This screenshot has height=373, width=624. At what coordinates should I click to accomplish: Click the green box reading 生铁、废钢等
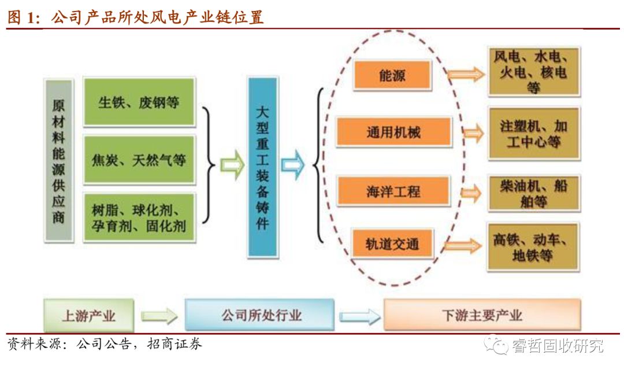[x=139, y=102]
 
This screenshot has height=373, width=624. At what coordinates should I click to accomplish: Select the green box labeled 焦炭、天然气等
[x=139, y=159]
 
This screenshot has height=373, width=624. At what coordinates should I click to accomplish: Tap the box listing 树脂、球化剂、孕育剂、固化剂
[x=139, y=217]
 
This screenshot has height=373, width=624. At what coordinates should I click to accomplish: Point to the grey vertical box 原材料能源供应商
[x=58, y=160]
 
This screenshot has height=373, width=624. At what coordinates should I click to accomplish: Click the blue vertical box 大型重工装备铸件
[x=262, y=167]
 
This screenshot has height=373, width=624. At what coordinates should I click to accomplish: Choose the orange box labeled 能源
[x=392, y=75]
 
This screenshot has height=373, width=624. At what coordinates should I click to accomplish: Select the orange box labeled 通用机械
[x=393, y=132]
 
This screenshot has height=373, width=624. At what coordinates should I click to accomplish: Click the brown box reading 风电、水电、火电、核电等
[x=533, y=72]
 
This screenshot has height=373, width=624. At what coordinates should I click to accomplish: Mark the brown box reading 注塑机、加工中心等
[x=533, y=133]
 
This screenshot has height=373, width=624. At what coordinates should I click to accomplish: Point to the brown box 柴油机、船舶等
[x=533, y=193]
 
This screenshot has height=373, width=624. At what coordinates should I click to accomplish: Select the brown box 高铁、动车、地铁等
[x=533, y=247]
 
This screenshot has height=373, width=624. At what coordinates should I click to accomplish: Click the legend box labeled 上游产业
[x=88, y=315]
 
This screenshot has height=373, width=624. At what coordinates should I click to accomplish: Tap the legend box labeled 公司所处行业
[x=260, y=315]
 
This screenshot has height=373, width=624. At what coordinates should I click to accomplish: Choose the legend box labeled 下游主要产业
[x=481, y=315]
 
